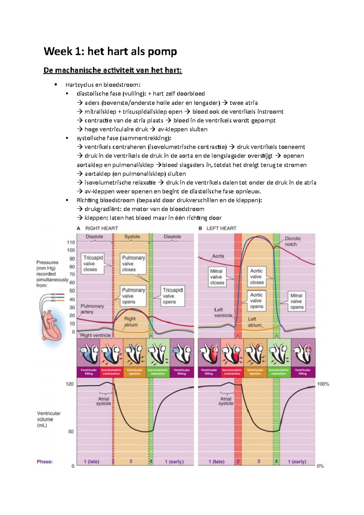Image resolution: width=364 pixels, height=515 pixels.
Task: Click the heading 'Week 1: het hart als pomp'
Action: (x=110, y=51)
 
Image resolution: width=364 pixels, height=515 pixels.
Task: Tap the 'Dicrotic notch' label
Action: (x=293, y=241)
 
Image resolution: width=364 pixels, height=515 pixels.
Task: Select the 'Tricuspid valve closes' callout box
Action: (x=93, y=263)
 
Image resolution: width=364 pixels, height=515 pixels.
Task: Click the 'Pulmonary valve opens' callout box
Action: (x=133, y=296)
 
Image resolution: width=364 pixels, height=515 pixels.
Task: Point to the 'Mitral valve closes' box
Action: (x=217, y=277)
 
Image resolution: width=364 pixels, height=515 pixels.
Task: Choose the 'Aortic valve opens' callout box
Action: (x=257, y=301)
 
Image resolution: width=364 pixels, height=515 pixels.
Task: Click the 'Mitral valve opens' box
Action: (x=296, y=301)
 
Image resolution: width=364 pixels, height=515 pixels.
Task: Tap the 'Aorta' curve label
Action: (x=218, y=256)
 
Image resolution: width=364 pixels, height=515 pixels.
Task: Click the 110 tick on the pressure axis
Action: (x=71, y=242)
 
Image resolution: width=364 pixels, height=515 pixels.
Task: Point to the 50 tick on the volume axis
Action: (x=71, y=431)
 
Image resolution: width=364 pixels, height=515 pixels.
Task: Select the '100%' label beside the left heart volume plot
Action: (x=323, y=384)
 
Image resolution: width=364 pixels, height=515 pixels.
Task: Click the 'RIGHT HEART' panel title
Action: (x=101, y=228)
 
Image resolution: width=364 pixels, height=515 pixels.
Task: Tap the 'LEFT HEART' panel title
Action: (x=221, y=228)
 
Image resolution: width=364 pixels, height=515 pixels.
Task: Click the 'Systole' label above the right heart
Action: (x=132, y=237)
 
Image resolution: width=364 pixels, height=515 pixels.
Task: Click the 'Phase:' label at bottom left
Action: (x=45, y=462)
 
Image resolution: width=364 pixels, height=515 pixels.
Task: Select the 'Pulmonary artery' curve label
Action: (x=92, y=309)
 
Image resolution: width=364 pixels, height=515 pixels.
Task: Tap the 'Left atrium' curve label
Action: (x=254, y=322)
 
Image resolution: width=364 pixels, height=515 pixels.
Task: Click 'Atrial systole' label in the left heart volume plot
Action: (x=226, y=401)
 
